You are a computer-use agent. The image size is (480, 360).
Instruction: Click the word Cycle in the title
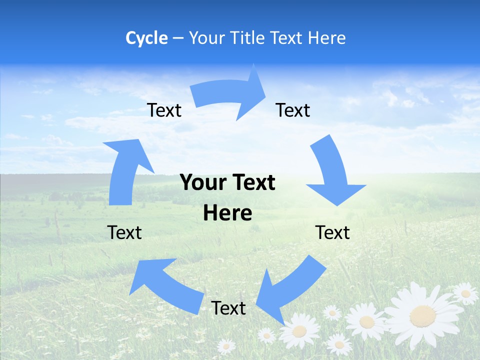(x=146, y=38)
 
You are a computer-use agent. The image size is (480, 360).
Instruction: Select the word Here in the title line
(x=327, y=38)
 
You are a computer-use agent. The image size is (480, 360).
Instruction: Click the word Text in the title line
(x=286, y=38)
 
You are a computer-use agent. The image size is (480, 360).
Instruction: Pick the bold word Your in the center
(x=203, y=183)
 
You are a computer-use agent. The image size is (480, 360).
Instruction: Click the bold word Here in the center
(x=227, y=213)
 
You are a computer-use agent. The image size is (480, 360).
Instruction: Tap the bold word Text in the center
(x=252, y=183)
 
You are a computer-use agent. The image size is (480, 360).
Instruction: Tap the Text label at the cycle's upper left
(x=164, y=110)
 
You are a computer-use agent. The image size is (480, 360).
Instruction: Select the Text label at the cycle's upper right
(x=293, y=110)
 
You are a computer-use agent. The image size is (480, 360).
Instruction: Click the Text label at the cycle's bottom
(x=228, y=308)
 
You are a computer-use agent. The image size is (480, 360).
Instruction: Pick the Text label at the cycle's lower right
(x=332, y=232)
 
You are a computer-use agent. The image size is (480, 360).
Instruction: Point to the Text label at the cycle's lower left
(x=124, y=232)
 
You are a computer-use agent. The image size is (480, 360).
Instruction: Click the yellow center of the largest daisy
(x=422, y=316)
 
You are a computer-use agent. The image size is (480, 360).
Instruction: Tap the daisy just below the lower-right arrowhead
(x=300, y=330)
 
